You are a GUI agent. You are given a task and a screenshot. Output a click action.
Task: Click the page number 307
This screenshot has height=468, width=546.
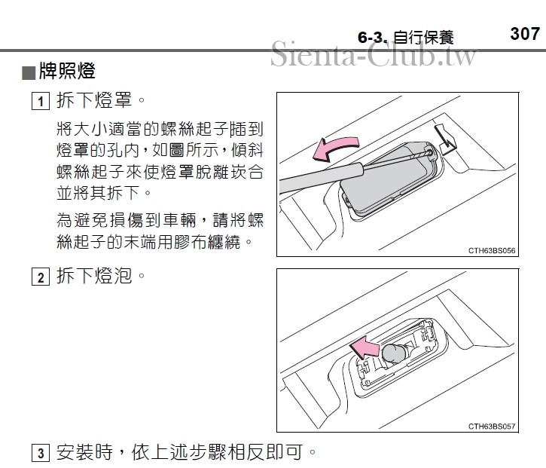click(525, 34)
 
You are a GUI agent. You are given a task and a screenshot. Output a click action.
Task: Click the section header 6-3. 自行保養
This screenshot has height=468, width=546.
click(406, 37)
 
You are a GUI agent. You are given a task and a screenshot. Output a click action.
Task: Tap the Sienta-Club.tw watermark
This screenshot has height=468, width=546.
click(373, 54)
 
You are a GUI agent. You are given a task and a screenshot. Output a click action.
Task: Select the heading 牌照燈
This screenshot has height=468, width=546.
click(67, 71)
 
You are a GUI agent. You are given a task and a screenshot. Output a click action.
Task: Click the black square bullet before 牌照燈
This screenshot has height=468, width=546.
click(29, 73)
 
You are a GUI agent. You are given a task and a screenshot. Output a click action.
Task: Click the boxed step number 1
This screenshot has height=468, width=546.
click(41, 101)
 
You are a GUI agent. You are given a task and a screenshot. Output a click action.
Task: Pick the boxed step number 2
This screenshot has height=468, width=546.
click(41, 277)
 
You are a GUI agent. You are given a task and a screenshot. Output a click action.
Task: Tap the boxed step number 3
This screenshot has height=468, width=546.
click(41, 453)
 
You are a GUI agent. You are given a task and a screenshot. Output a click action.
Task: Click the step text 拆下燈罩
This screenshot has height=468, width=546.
click(94, 100)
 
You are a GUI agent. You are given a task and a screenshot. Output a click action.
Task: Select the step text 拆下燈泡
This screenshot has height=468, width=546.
click(94, 276)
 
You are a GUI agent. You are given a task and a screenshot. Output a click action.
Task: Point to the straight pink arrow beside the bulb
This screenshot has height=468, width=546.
click(364, 348)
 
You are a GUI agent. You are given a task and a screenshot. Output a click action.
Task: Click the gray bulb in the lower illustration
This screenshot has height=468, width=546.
click(393, 353)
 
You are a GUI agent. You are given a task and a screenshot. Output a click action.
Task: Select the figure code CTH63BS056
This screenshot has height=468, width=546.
click(492, 250)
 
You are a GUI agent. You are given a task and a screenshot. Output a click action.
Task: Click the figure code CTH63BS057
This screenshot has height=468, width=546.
click(492, 427)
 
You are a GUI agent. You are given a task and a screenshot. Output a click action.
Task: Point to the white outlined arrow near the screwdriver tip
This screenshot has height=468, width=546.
click(446, 139)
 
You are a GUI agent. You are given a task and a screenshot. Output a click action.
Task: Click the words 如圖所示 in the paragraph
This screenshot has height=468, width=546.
click(186, 151)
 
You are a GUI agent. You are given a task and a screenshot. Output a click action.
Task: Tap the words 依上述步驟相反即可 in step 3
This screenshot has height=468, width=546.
click(218, 452)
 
